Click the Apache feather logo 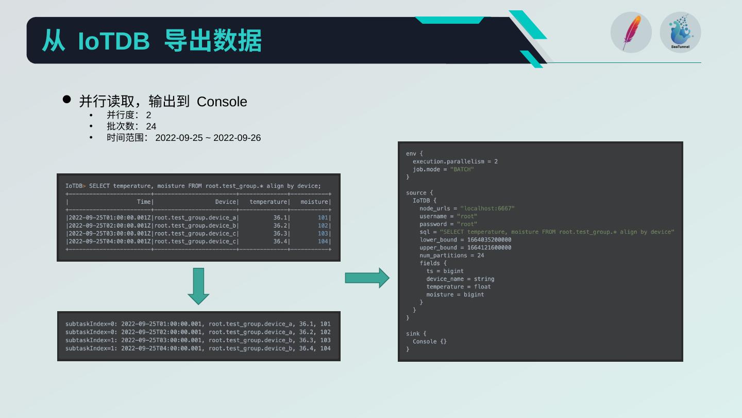[x=631, y=33]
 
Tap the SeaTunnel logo [x=680, y=32]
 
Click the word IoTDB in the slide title [x=113, y=41]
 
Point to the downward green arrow [x=198, y=285]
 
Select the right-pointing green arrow [x=367, y=278]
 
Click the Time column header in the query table [x=144, y=202]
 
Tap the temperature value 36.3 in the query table [x=280, y=234]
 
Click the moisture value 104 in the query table [x=323, y=242]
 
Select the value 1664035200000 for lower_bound [x=485, y=240]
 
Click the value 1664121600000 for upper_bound [x=485, y=248]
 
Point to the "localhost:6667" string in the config [x=487, y=208]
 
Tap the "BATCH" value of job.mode [x=462, y=169]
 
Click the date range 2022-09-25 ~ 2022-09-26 [x=208, y=138]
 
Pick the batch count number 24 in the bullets [x=151, y=126]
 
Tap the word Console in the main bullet [x=222, y=102]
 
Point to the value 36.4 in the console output [x=306, y=348]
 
